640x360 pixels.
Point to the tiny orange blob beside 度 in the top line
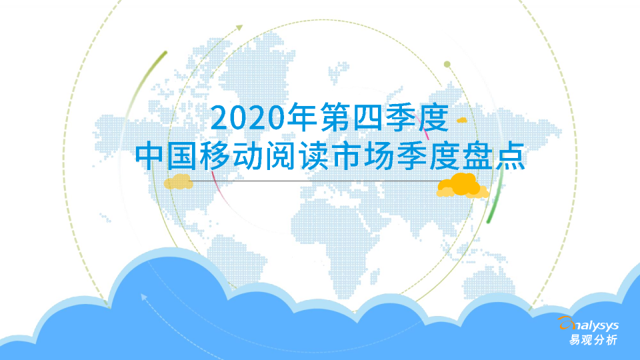(461, 120)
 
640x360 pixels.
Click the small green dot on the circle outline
(447, 65)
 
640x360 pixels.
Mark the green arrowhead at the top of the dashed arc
(239, 27)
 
